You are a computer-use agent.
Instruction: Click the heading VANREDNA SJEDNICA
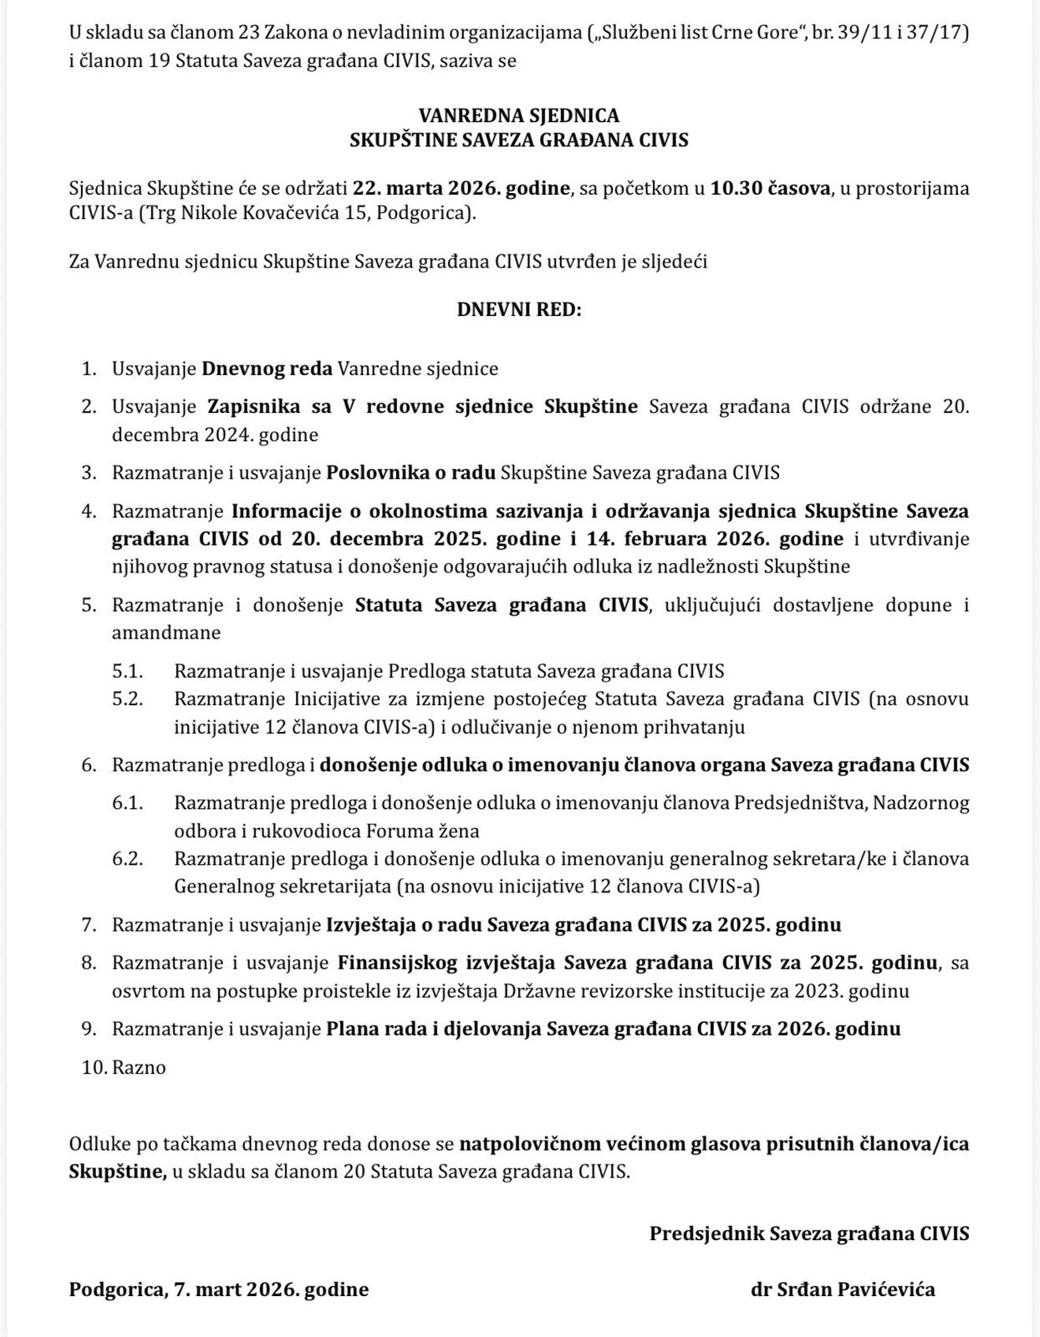(x=518, y=115)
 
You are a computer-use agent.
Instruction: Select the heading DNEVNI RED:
(x=518, y=309)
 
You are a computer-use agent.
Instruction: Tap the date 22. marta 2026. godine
(x=461, y=187)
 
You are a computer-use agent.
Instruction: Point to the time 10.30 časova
(x=770, y=187)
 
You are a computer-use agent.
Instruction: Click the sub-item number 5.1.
(x=128, y=670)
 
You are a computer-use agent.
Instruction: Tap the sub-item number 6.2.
(x=128, y=858)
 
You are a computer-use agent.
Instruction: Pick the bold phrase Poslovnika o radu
(x=410, y=472)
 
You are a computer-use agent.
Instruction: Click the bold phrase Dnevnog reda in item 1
(x=268, y=369)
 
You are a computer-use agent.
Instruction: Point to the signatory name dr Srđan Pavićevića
(x=843, y=1289)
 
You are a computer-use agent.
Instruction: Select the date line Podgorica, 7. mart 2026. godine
(x=219, y=1289)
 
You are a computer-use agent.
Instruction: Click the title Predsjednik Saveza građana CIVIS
(x=809, y=1233)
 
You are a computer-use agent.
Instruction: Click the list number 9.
(x=89, y=1029)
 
